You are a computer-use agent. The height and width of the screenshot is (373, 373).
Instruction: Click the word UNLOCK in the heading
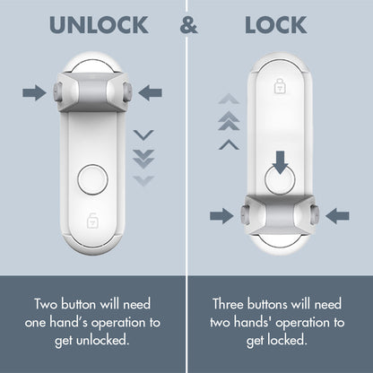click(x=99, y=25)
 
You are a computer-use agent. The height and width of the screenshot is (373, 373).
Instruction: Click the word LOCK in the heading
click(x=275, y=25)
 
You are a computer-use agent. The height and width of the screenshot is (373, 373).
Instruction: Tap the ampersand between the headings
click(x=188, y=25)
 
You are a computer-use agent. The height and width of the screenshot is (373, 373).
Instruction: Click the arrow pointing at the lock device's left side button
click(x=220, y=215)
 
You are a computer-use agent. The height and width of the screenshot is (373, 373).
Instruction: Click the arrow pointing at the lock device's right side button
click(x=339, y=215)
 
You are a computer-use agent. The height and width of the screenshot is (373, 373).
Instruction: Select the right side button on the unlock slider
click(x=127, y=91)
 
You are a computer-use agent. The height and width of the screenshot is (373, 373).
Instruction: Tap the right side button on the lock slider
click(x=314, y=215)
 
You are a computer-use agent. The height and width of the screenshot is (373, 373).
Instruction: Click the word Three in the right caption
click(x=232, y=304)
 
